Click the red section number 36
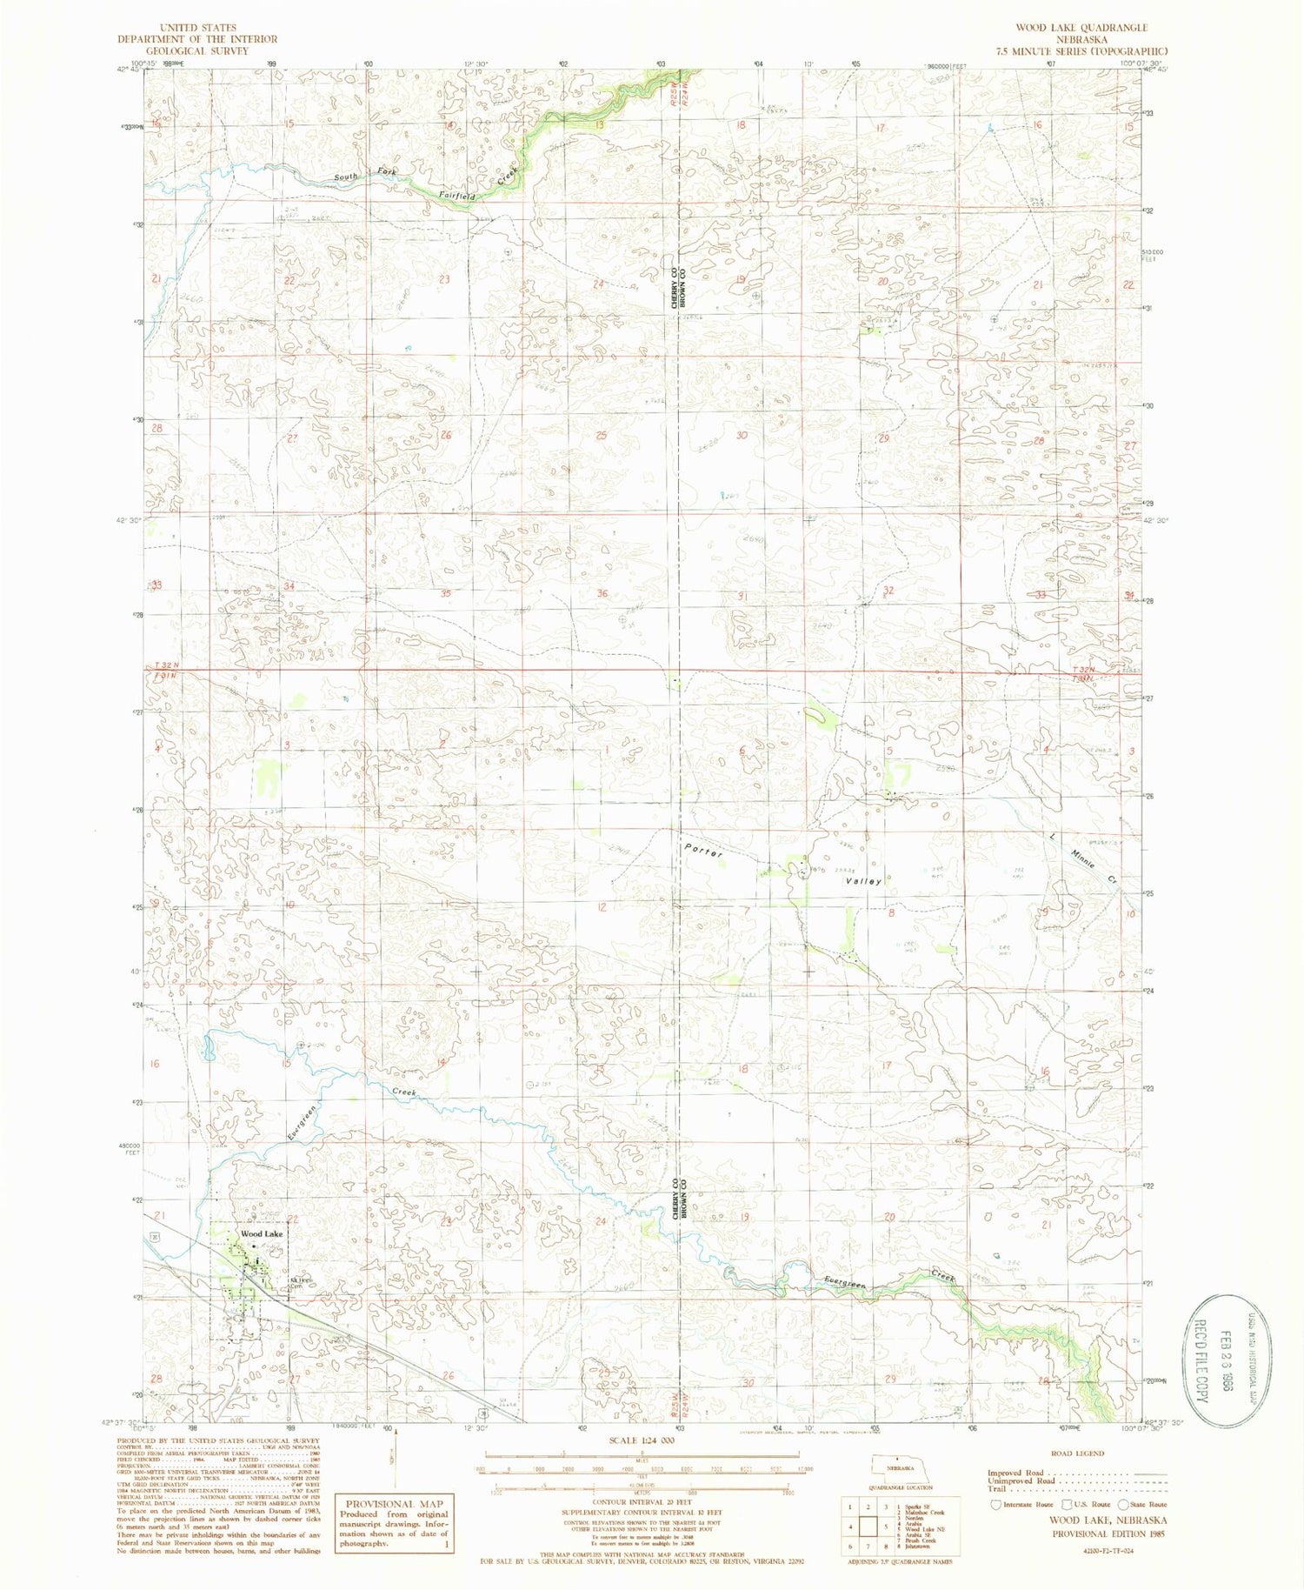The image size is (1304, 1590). pyautogui.click(x=602, y=594)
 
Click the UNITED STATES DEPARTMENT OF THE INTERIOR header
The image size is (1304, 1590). pyautogui.click(x=211, y=39)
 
